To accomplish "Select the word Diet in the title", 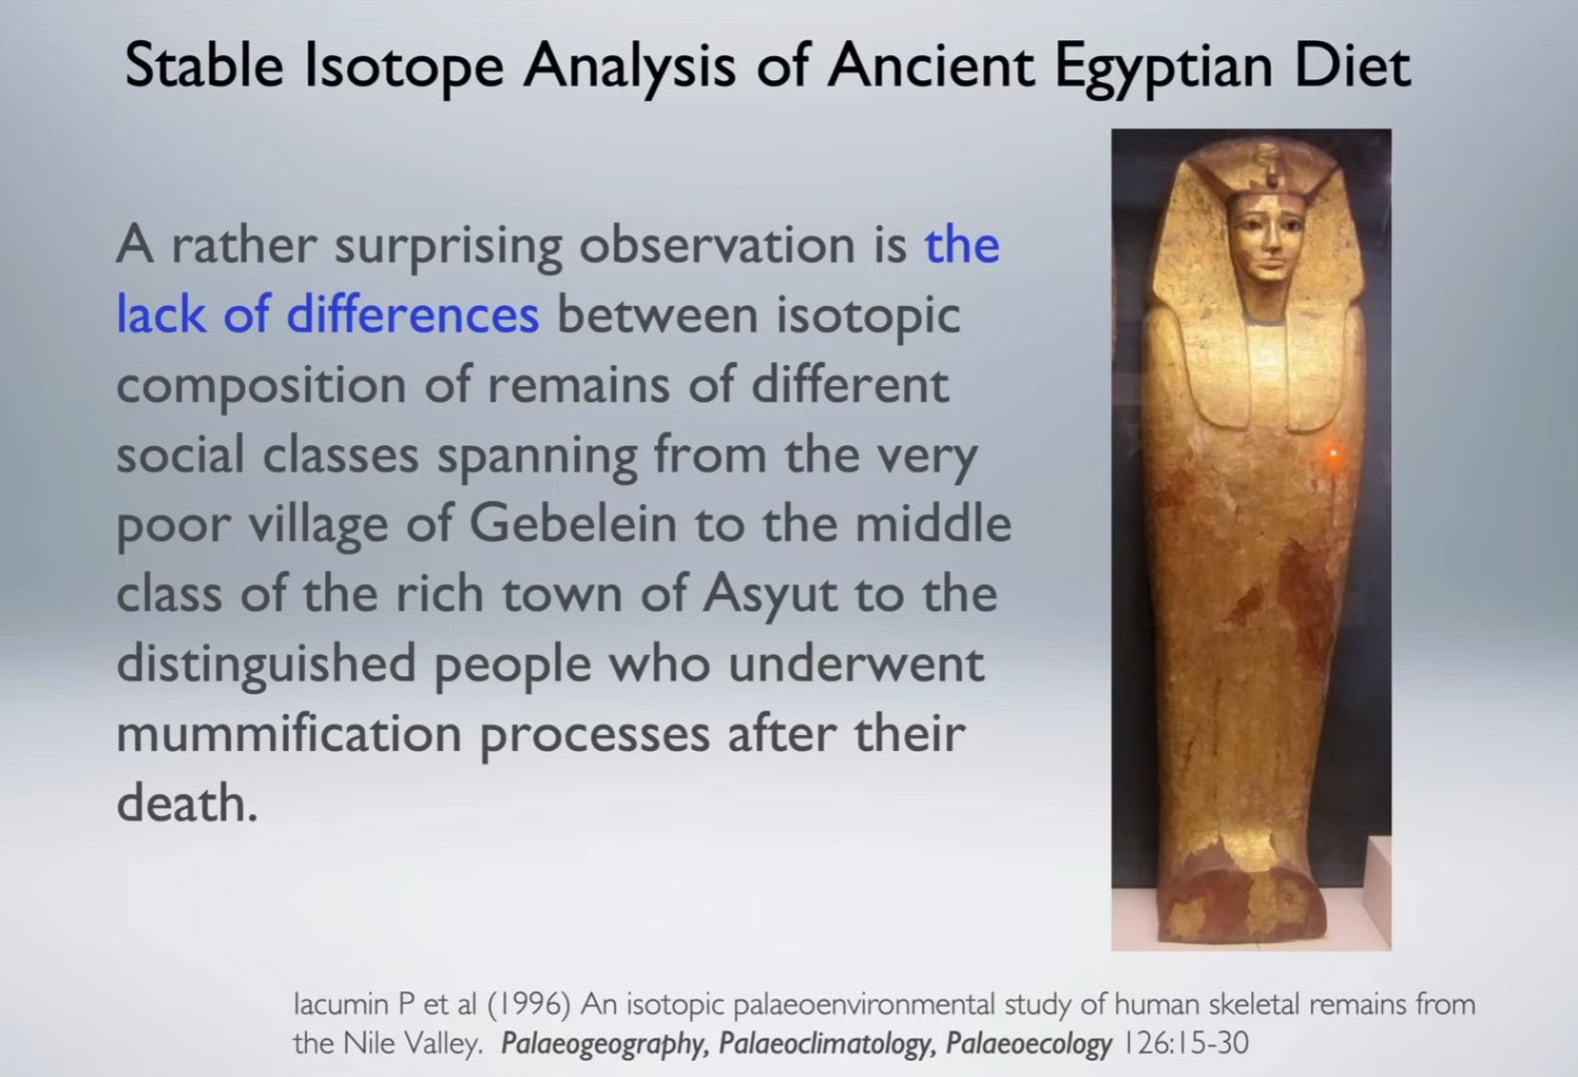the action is pyautogui.click(x=1353, y=65).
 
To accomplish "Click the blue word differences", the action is pyautogui.click(x=412, y=314).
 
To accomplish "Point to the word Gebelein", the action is pyautogui.click(x=573, y=523).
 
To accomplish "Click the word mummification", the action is pyautogui.click(x=289, y=733).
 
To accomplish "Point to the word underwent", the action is pyautogui.click(x=856, y=664).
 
